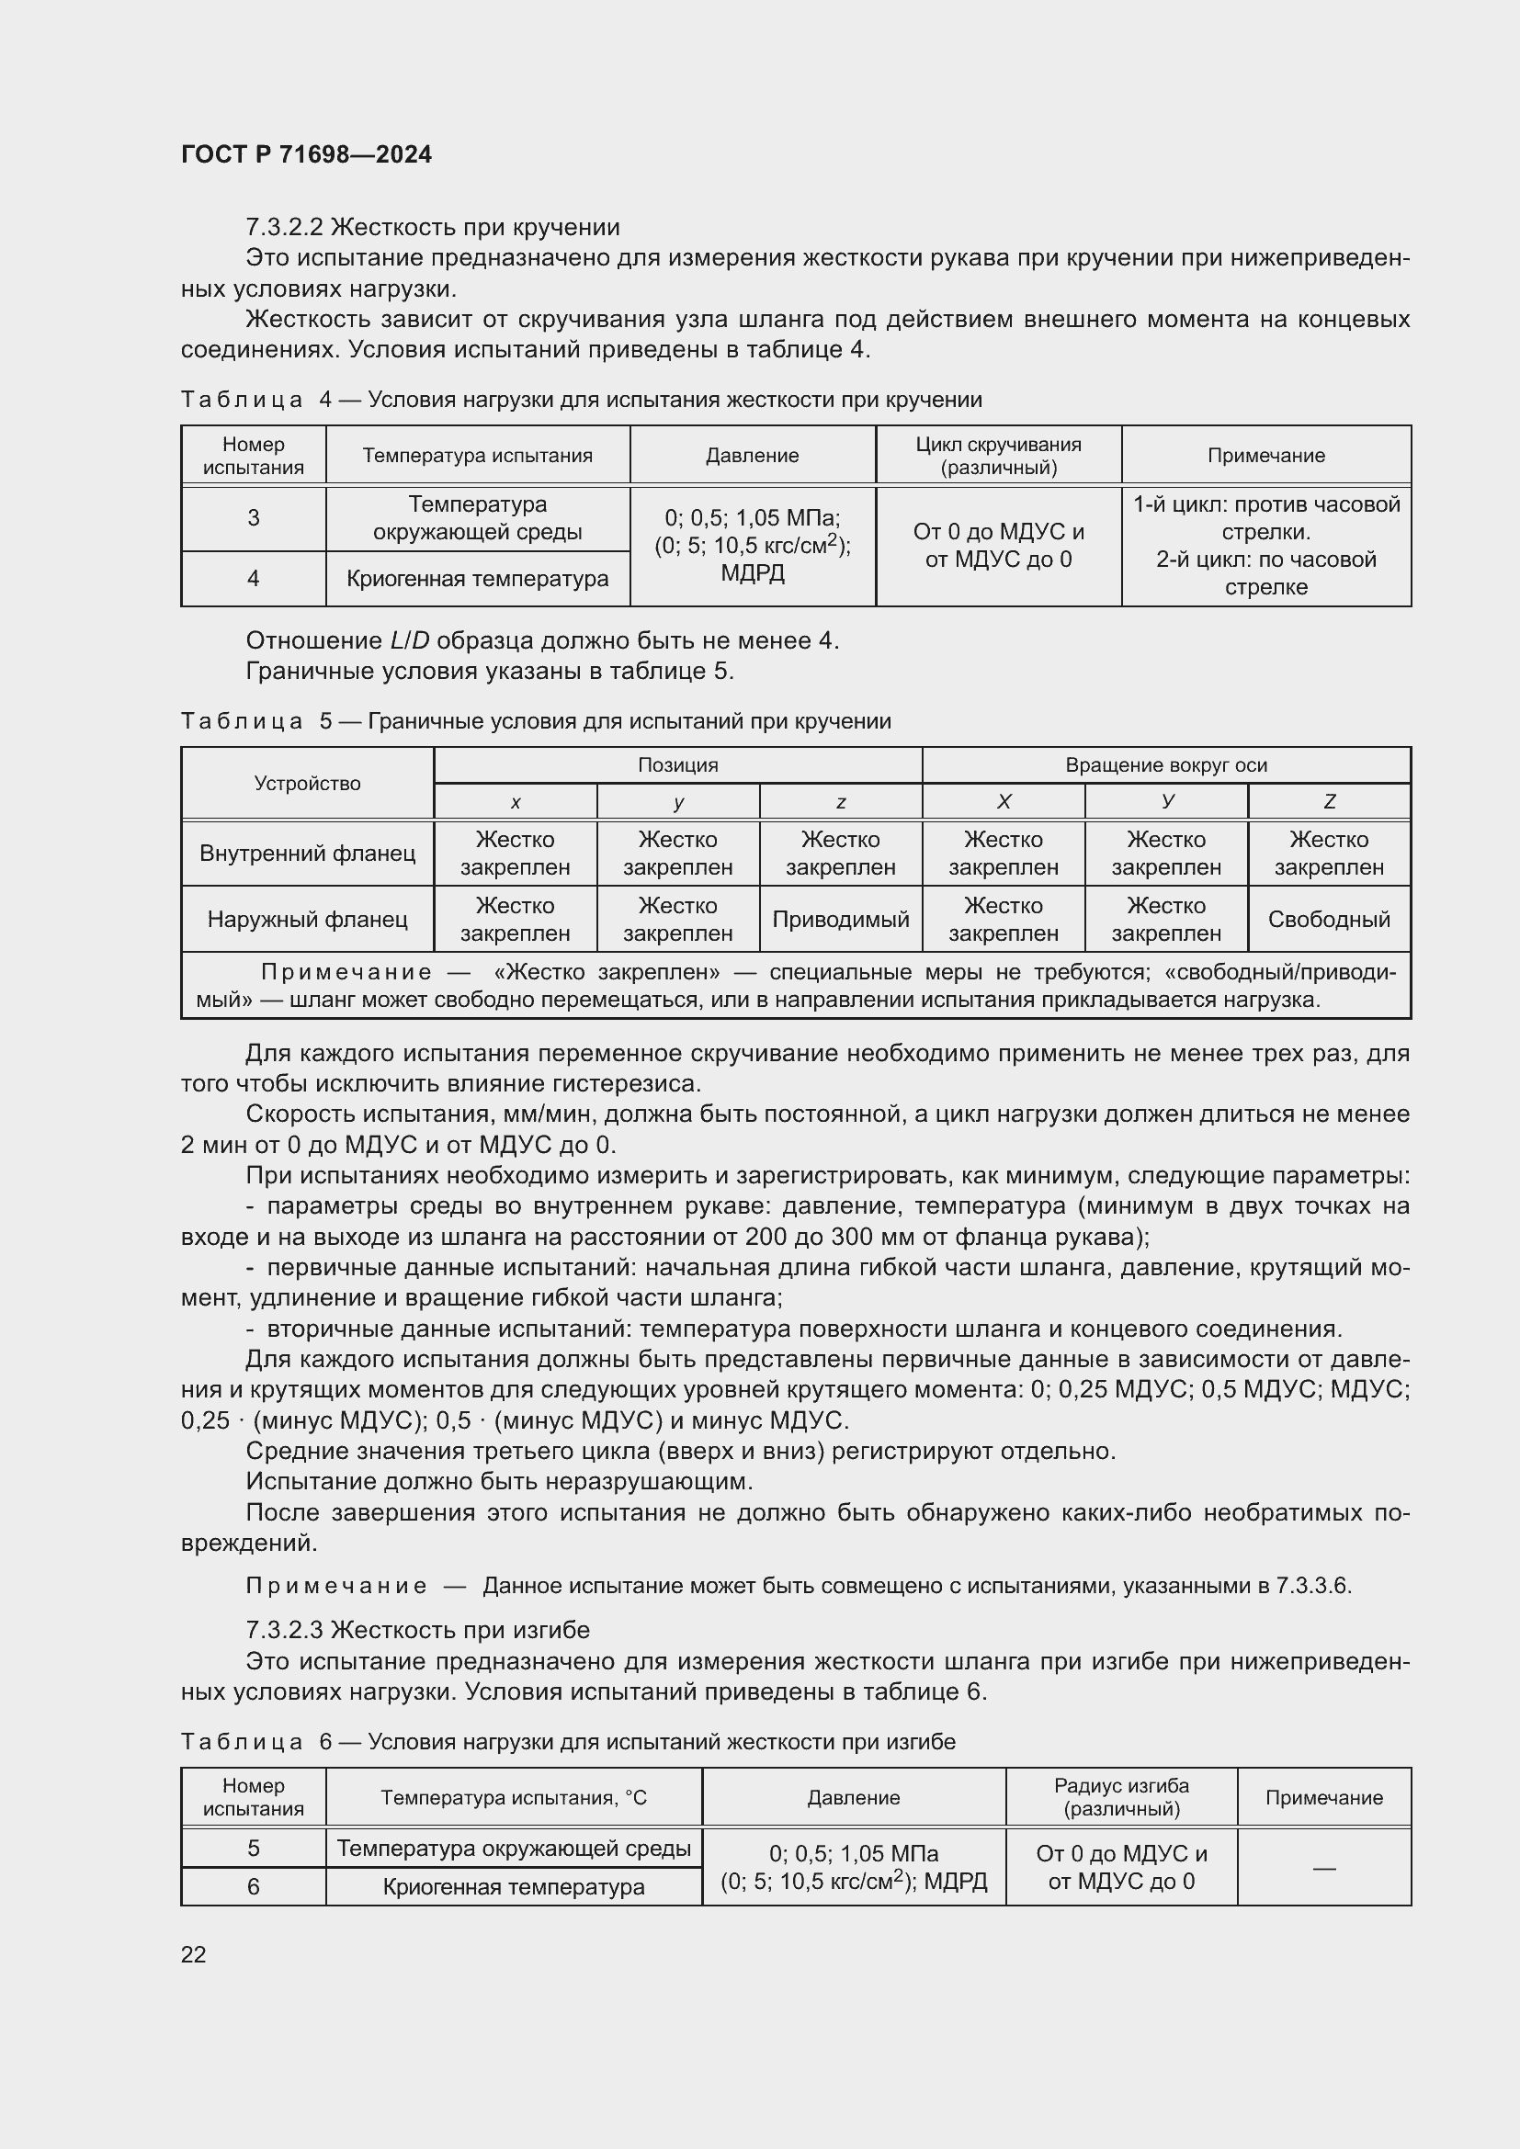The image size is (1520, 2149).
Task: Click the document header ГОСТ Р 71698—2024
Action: (306, 154)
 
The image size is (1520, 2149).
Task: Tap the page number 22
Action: (194, 1953)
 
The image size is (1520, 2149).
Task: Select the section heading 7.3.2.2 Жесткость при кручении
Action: (433, 228)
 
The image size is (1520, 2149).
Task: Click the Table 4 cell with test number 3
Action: (253, 517)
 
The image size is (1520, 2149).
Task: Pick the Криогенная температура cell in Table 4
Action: (477, 579)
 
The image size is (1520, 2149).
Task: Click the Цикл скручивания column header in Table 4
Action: (998, 456)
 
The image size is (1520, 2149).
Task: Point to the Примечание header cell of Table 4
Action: (1265, 456)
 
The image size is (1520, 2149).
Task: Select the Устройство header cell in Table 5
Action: (307, 784)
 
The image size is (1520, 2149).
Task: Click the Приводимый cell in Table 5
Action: (840, 919)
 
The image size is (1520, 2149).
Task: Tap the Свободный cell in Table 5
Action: (1328, 919)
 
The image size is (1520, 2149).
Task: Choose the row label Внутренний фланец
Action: (307, 853)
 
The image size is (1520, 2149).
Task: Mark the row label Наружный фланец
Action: (307, 919)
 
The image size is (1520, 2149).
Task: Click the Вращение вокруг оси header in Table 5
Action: (1165, 764)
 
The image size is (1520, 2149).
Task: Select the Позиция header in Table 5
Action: (677, 764)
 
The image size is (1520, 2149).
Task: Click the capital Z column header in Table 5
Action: (1328, 801)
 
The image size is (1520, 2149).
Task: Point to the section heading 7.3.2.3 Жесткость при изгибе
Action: (417, 1630)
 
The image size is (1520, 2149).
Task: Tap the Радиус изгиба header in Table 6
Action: (1120, 1797)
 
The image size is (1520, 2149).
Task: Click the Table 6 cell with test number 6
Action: (253, 1886)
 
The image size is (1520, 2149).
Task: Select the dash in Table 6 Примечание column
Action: (1323, 1868)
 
